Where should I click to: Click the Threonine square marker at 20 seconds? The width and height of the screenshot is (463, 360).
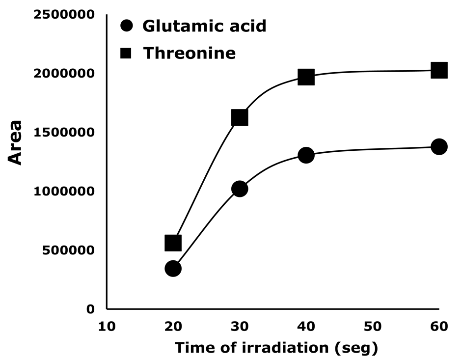click(173, 243)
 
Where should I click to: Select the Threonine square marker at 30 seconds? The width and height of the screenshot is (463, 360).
click(239, 117)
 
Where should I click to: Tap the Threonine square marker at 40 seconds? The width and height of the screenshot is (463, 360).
click(306, 77)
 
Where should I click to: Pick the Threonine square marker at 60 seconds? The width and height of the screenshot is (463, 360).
click(438, 70)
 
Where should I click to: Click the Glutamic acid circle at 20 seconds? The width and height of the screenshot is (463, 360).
click(173, 268)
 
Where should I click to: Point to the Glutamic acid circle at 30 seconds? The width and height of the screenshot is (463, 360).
click(239, 189)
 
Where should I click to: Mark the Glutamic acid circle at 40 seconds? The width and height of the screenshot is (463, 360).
click(306, 155)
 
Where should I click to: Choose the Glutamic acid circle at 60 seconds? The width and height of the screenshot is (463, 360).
click(438, 146)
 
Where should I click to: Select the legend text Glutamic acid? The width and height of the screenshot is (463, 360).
click(204, 26)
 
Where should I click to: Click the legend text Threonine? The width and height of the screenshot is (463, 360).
click(190, 53)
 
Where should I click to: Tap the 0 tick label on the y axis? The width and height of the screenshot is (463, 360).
click(90, 309)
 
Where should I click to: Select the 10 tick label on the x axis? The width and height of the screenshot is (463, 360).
click(107, 326)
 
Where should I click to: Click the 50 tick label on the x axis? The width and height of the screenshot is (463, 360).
click(372, 326)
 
